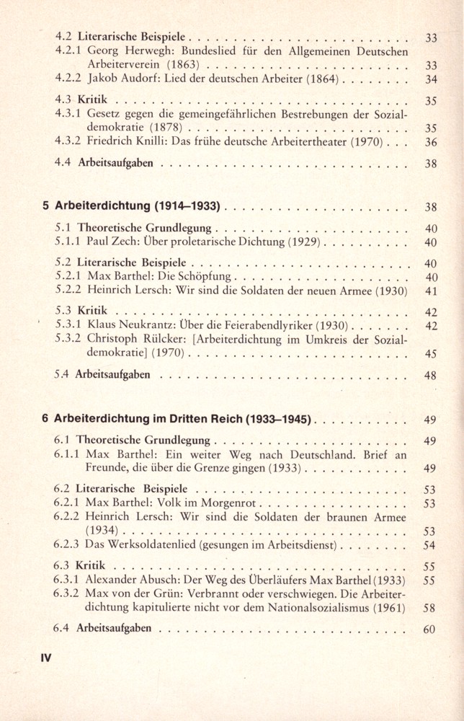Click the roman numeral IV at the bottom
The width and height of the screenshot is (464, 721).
pyautogui.click(x=46, y=658)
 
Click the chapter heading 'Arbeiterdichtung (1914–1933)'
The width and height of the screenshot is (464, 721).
pyautogui.click(x=137, y=206)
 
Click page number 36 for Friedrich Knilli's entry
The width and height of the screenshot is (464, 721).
pyautogui.click(x=431, y=142)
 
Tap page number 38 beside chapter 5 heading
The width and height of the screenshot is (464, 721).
pyautogui.click(x=431, y=207)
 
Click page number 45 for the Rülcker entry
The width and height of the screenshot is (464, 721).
pyautogui.click(x=431, y=354)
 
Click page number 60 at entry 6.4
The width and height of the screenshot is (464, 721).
pyautogui.click(x=430, y=629)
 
